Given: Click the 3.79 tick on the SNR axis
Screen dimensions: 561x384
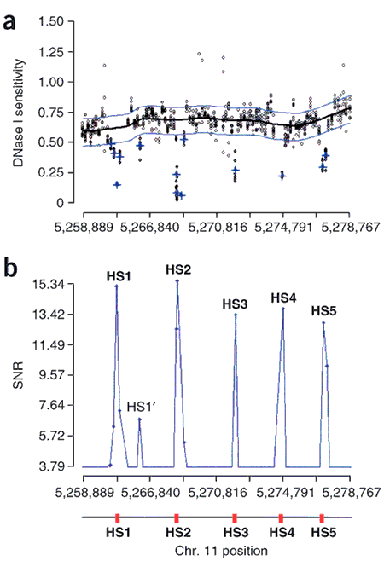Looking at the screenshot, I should point(60,466).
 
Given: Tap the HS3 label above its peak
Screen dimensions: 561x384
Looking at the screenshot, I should point(235,304).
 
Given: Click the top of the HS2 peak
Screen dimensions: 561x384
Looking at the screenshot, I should point(177,281).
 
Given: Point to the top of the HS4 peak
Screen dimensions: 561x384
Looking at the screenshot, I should point(282,309).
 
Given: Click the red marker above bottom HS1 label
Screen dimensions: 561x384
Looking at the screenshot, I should point(116,518).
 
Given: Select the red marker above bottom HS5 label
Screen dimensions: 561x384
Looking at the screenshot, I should point(322,518).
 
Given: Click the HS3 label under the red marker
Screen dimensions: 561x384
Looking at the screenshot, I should point(235,533).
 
